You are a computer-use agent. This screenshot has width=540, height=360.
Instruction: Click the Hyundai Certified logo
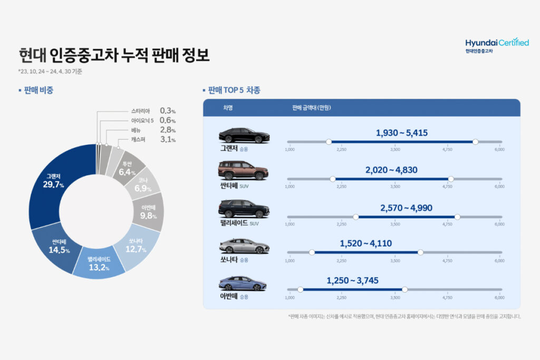(x=497, y=45)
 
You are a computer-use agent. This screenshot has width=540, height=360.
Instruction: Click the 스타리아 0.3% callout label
(x=153, y=111)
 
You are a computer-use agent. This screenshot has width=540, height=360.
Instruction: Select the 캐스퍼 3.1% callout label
(x=153, y=140)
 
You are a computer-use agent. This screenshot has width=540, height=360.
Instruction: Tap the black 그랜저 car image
(x=244, y=135)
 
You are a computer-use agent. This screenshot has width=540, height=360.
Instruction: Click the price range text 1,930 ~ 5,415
(x=401, y=133)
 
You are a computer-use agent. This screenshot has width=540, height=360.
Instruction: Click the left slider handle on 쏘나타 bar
(x=312, y=252)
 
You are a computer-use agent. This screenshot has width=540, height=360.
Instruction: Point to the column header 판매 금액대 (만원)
(x=311, y=108)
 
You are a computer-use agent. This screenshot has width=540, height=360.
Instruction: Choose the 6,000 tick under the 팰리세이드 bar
(x=499, y=224)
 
